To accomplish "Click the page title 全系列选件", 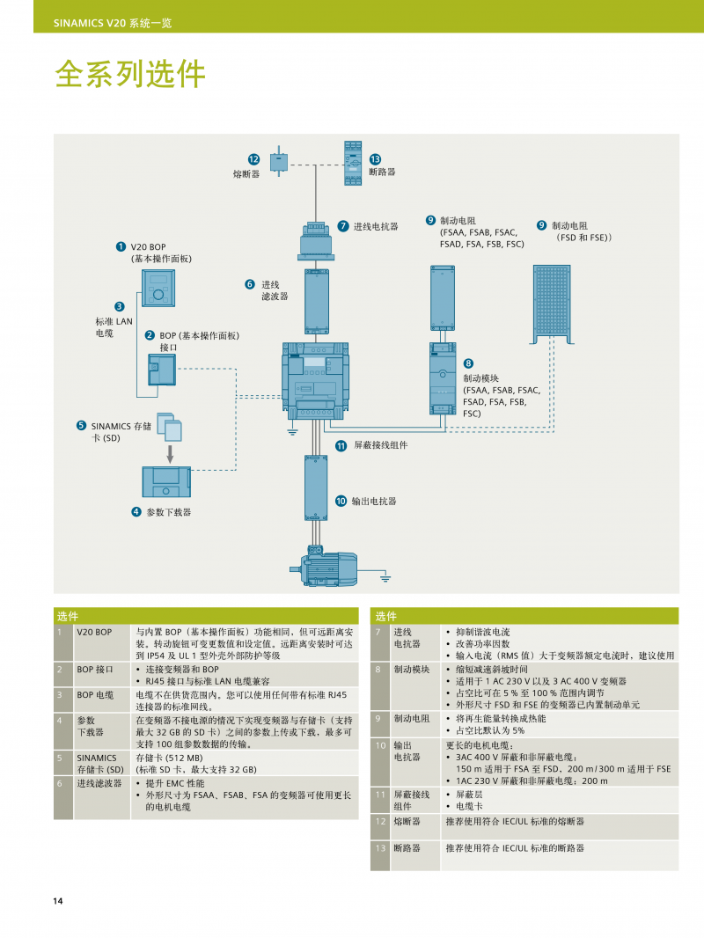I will (x=130, y=76).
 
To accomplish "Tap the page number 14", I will (x=57, y=900).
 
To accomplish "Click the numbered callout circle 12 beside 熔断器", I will (x=253, y=159).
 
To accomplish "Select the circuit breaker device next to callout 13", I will (x=353, y=162).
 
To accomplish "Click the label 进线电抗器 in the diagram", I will (x=376, y=227).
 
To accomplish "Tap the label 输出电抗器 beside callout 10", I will (x=373, y=502).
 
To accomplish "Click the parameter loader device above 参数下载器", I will (x=166, y=481).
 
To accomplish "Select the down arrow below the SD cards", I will (x=172, y=453).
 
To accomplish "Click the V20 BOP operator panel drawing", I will (x=160, y=288).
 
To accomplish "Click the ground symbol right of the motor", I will (x=385, y=576).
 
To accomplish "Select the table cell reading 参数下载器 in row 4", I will (x=91, y=726).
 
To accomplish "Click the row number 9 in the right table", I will (x=379, y=718).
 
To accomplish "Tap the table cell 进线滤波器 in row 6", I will (x=99, y=783).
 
